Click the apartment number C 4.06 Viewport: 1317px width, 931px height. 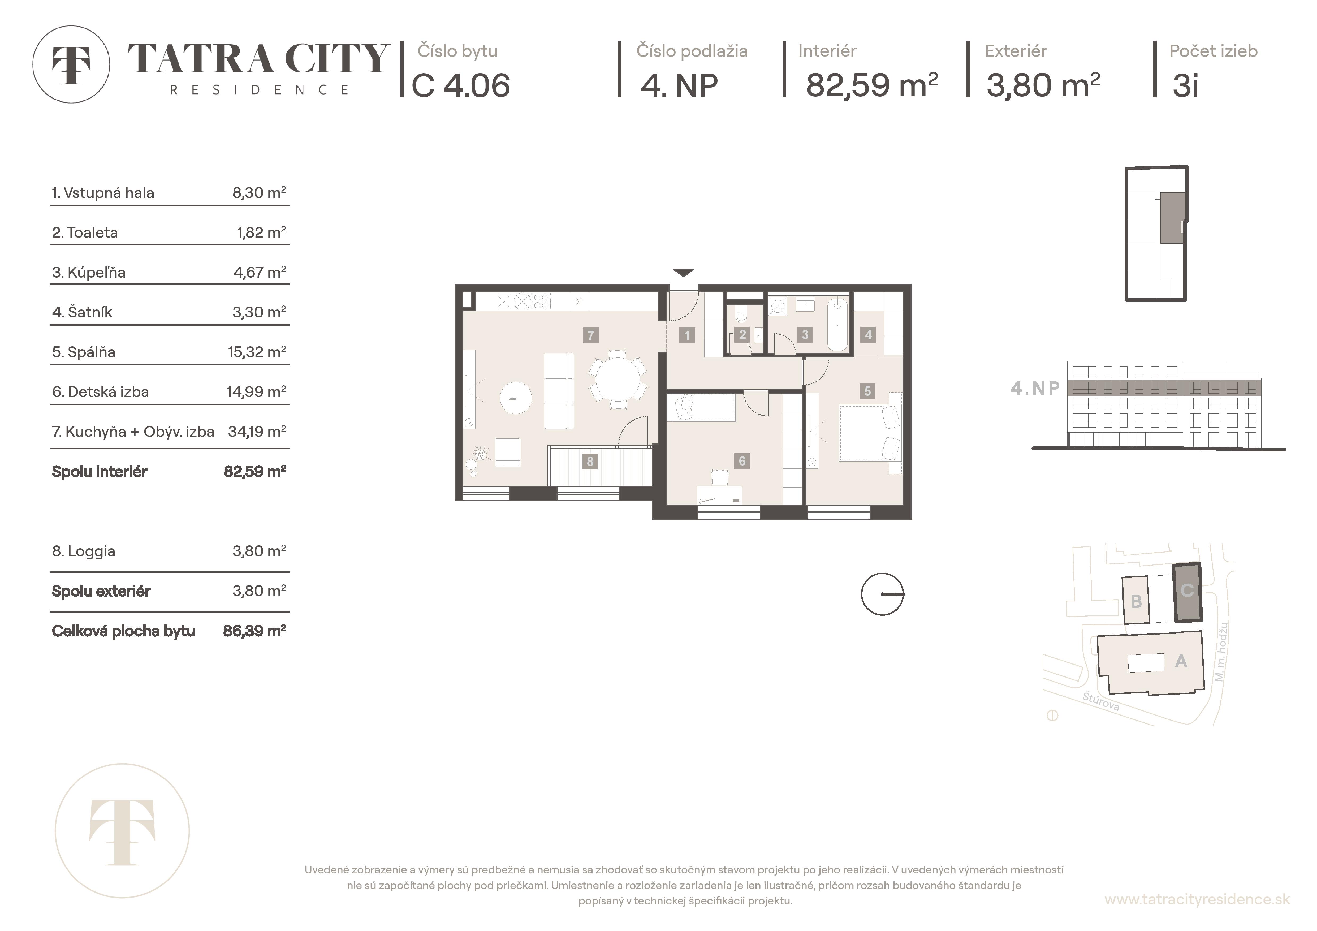(461, 86)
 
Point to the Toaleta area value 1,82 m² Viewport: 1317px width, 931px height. (261, 233)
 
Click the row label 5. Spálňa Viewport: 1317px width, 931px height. (84, 352)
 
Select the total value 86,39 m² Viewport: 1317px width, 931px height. (254, 631)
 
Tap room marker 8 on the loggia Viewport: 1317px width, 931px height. (590, 461)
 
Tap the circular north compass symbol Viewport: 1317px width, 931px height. (882, 594)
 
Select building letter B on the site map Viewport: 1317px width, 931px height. (1136, 602)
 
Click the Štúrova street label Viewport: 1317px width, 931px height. (1101, 701)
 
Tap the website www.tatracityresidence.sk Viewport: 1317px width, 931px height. (1197, 899)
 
